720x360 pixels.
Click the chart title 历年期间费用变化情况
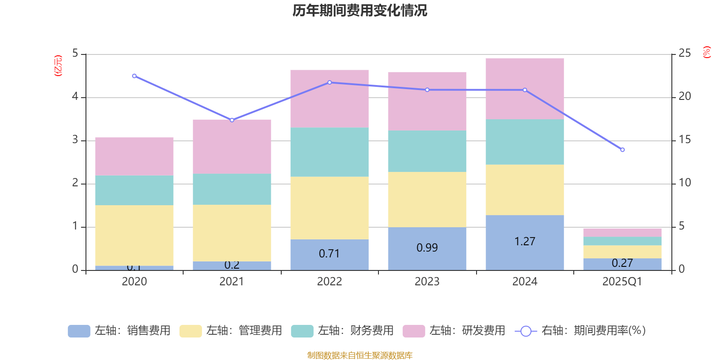(x=360, y=10)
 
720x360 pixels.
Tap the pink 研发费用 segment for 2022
(x=329, y=99)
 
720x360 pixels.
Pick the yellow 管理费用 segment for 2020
(x=134, y=235)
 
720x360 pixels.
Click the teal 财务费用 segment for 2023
(x=427, y=151)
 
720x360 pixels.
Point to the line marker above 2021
(x=232, y=120)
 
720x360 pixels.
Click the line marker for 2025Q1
(x=622, y=150)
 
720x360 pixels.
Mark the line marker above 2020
(x=134, y=76)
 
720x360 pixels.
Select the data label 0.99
(x=427, y=248)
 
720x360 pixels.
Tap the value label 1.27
(x=525, y=242)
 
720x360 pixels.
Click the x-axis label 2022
(x=329, y=282)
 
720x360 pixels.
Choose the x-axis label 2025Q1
(x=622, y=282)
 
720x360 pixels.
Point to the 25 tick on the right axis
(x=684, y=54)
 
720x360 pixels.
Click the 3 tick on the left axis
(x=75, y=140)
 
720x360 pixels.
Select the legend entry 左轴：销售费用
(x=119, y=331)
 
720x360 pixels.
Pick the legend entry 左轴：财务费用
(x=342, y=331)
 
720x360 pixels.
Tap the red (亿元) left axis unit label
(x=58, y=66)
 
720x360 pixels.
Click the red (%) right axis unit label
(x=707, y=52)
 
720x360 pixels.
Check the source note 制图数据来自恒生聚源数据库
(x=360, y=355)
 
